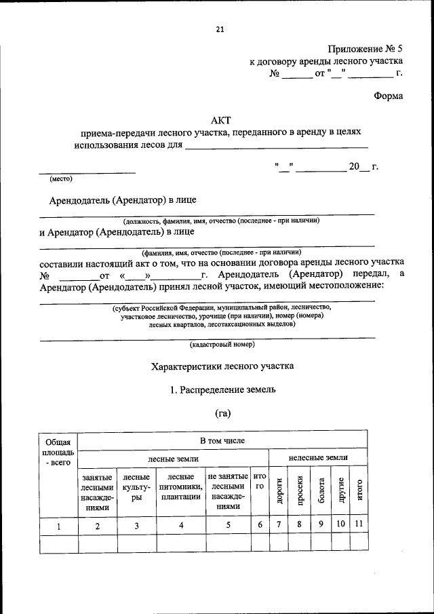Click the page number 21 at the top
click(x=220, y=29)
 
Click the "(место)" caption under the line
click(x=60, y=179)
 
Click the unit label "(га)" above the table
click(x=223, y=414)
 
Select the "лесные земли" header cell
click(x=174, y=459)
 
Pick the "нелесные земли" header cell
click(x=317, y=459)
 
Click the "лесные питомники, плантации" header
click(x=180, y=486)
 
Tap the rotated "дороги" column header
click(x=278, y=490)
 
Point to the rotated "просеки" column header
click(x=298, y=490)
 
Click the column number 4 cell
click(x=180, y=526)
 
